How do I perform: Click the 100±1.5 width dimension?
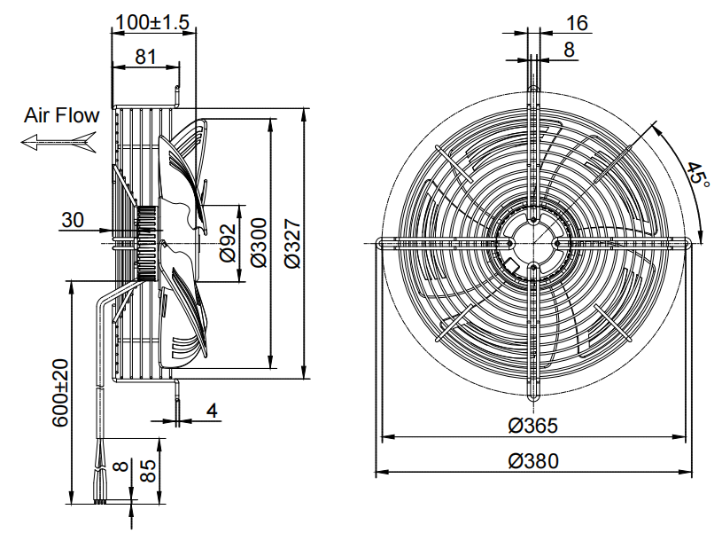pyautogui.click(x=152, y=22)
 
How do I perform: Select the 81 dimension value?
pyautogui.click(x=146, y=57)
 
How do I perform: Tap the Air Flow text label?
pyautogui.click(x=62, y=115)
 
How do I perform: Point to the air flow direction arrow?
pyautogui.click(x=58, y=142)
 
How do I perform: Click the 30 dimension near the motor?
pyautogui.click(x=73, y=220)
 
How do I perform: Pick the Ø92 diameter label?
pyautogui.click(x=228, y=242)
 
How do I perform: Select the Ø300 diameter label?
pyautogui.click(x=260, y=242)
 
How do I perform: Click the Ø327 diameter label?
pyautogui.click(x=292, y=244)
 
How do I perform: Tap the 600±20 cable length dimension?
pyautogui.click(x=60, y=393)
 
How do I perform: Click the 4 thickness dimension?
pyautogui.click(x=212, y=411)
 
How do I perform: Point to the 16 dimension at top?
pyautogui.click(x=577, y=23)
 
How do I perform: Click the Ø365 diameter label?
pyautogui.click(x=533, y=425)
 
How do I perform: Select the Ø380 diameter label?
pyautogui.click(x=533, y=460)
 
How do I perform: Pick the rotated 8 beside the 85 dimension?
pyautogui.click(x=120, y=466)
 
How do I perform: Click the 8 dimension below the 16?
pyautogui.click(x=570, y=50)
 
